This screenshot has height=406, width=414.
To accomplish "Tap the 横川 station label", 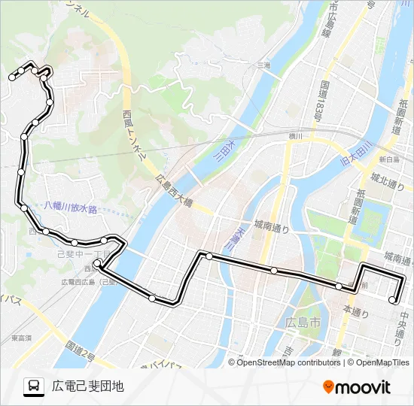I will (294, 136).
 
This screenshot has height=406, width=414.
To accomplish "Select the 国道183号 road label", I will (321, 101).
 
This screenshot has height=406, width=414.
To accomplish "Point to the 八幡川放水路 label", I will (71, 208).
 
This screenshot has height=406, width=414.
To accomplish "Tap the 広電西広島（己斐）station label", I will (89, 281).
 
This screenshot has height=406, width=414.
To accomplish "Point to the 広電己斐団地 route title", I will (87, 386).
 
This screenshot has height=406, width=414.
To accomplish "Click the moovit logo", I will (357, 386).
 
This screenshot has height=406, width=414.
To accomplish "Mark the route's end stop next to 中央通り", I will (392, 301).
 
